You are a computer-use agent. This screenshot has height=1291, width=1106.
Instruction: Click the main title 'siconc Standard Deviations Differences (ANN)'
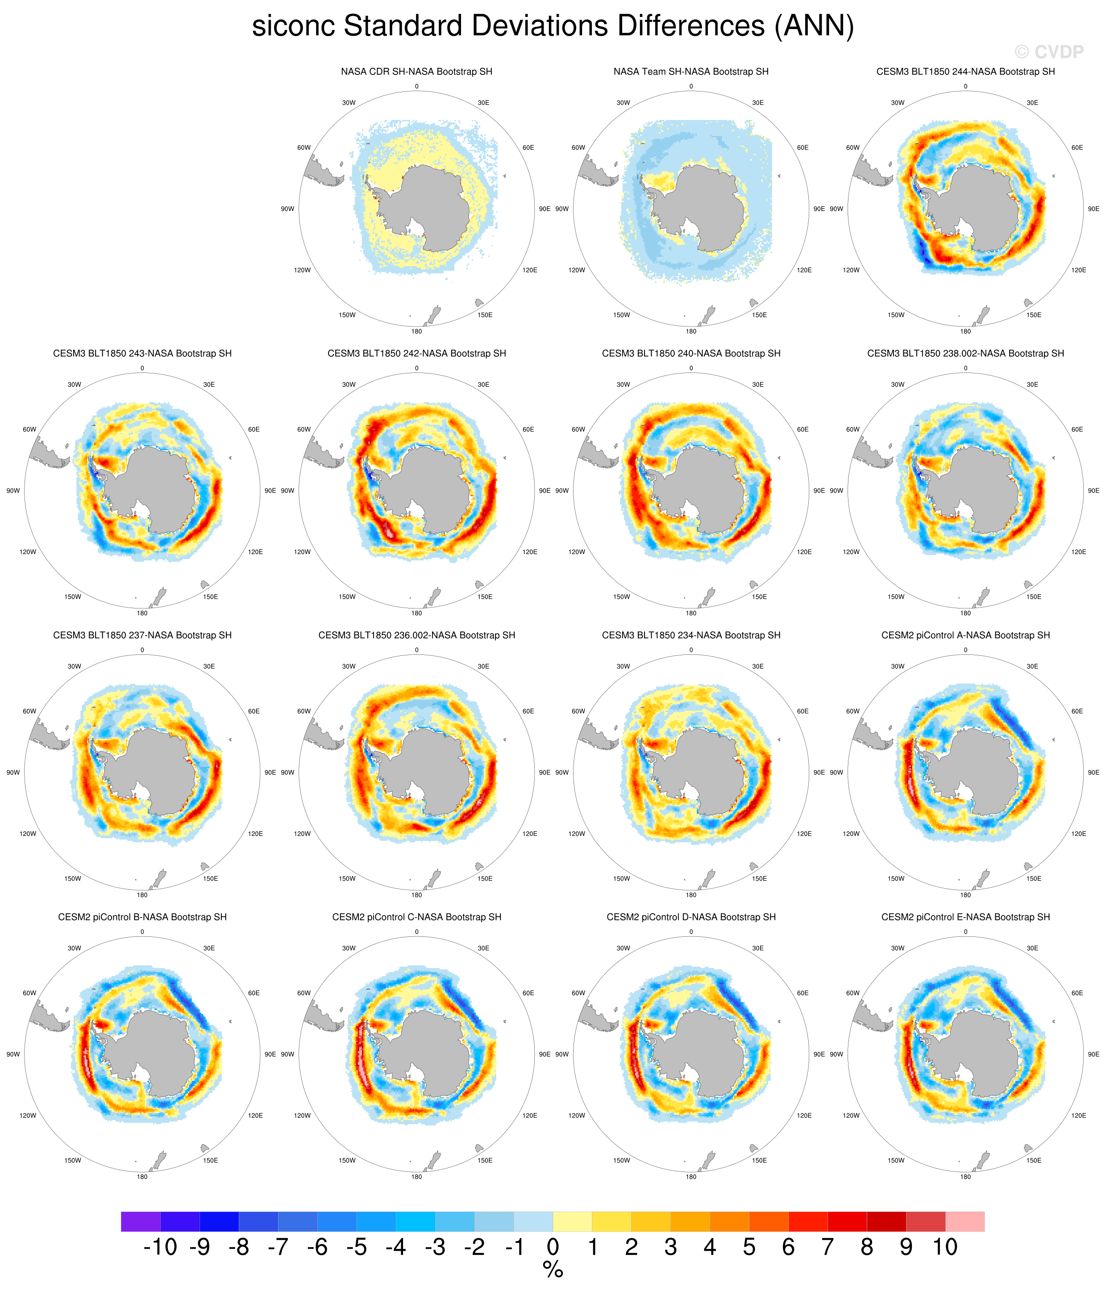(x=553, y=26)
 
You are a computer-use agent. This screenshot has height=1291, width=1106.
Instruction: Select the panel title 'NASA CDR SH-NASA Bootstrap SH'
(x=416, y=72)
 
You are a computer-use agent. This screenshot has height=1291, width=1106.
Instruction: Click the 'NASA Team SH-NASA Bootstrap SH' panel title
(x=691, y=72)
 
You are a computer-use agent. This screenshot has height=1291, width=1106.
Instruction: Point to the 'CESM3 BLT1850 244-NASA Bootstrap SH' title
(x=965, y=72)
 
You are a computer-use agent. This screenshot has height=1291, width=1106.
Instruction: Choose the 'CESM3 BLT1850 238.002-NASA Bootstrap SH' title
(x=965, y=353)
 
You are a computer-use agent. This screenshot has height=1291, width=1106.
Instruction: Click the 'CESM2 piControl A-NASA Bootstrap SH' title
(x=965, y=635)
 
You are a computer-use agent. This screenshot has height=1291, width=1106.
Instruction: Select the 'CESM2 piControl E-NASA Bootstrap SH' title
(x=965, y=917)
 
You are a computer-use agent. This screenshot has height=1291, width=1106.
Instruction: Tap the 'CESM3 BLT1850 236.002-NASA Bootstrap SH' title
(x=416, y=635)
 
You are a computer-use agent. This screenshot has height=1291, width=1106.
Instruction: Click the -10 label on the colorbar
(x=160, y=1247)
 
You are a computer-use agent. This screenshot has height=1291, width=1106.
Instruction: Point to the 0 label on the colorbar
(x=553, y=1247)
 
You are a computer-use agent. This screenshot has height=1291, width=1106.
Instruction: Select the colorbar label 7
(x=827, y=1247)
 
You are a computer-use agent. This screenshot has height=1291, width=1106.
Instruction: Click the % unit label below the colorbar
(x=553, y=1270)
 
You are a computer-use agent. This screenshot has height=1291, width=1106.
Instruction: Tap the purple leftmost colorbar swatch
(x=141, y=1221)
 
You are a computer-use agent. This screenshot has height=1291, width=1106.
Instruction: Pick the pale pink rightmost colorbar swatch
(x=965, y=1221)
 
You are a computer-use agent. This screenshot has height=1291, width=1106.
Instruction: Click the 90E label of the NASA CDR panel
(x=544, y=209)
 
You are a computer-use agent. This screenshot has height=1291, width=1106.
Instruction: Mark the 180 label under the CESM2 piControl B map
(x=142, y=1176)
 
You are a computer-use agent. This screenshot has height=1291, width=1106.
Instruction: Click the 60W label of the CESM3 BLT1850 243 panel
(x=29, y=429)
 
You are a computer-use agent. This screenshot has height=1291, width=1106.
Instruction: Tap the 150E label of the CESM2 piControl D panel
(x=759, y=1160)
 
